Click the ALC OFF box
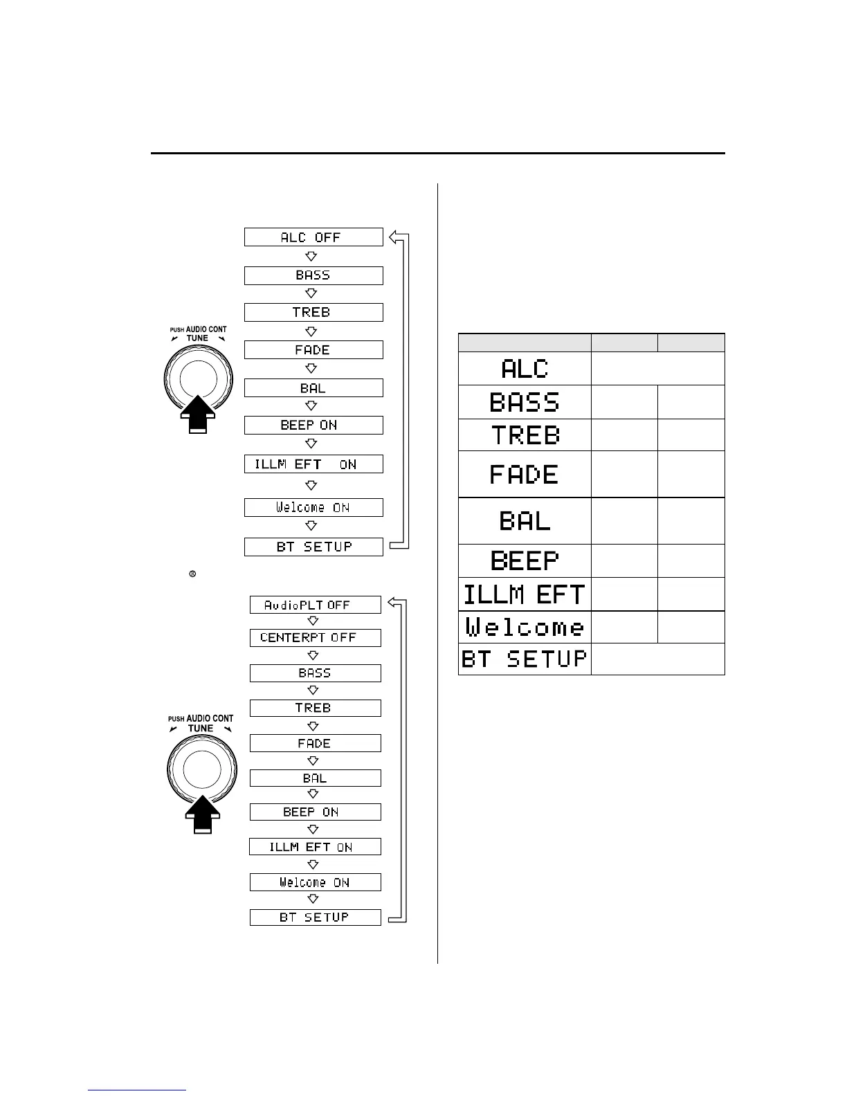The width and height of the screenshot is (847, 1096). click(x=313, y=237)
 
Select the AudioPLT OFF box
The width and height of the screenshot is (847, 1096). click(x=315, y=605)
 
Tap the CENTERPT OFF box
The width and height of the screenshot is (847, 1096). click(x=315, y=637)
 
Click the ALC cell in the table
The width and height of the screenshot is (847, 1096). click(x=525, y=369)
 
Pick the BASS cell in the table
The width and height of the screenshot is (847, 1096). click(x=525, y=402)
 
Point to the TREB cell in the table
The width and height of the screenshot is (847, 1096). click(x=525, y=435)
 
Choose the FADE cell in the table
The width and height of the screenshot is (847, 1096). click(x=525, y=475)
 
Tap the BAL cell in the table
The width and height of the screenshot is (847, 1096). click(x=525, y=520)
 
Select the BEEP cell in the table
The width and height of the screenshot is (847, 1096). click(x=525, y=560)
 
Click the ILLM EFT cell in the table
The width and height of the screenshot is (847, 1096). click(x=525, y=594)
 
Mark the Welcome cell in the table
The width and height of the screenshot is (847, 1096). click(x=525, y=628)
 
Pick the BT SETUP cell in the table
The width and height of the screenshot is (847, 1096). click(x=525, y=659)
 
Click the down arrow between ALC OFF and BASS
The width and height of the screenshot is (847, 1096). click(x=311, y=256)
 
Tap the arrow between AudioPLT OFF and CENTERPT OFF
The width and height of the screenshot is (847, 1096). click(x=313, y=621)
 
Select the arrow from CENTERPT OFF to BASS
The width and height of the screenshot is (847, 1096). click(x=313, y=655)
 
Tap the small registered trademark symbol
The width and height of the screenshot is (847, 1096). click(x=192, y=574)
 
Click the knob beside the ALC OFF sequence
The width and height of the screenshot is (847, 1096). click(x=198, y=378)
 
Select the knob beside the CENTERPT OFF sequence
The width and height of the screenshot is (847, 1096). click(x=202, y=768)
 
